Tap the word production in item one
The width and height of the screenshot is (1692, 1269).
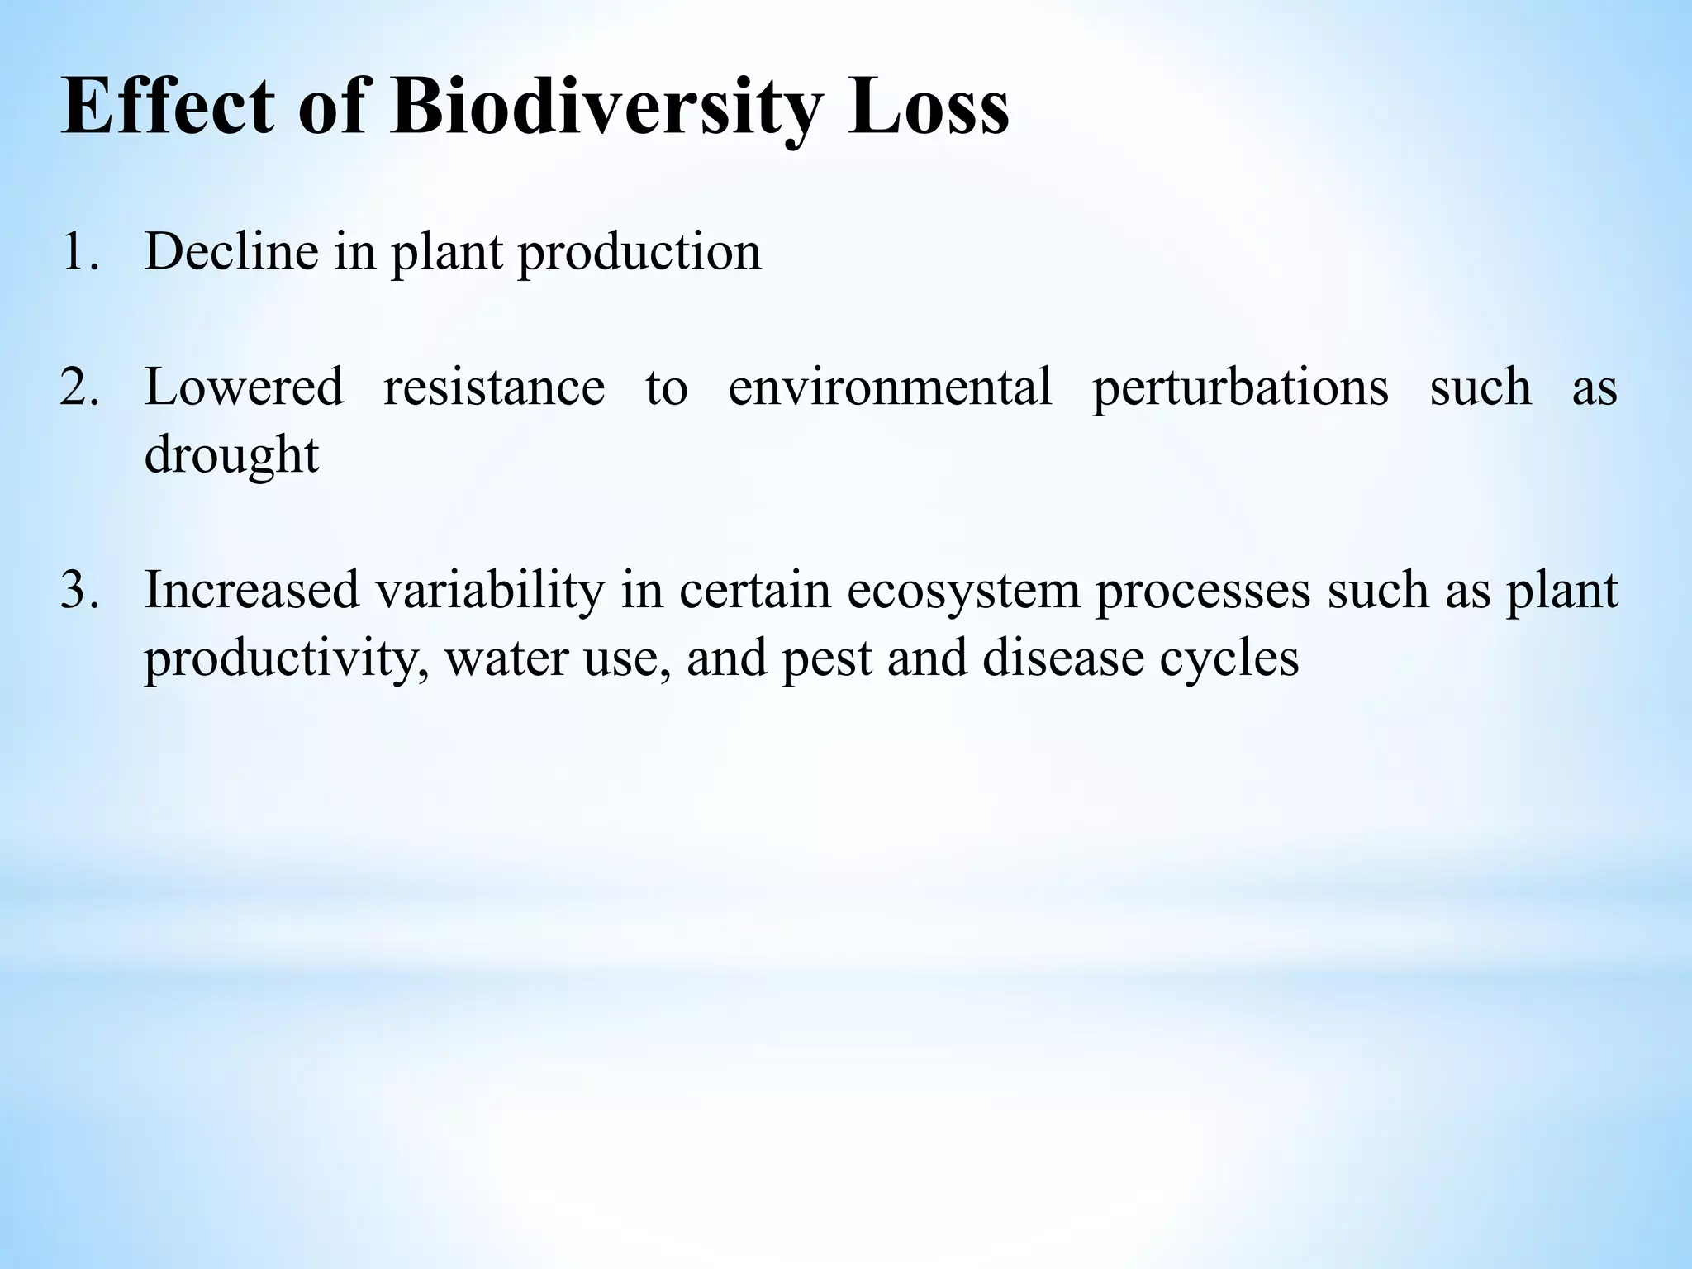tap(639, 251)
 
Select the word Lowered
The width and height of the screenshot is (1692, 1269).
tap(244, 387)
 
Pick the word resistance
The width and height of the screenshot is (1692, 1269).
tap(494, 387)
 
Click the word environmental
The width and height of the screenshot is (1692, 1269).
tap(891, 387)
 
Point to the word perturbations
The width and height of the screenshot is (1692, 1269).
tap(1240, 387)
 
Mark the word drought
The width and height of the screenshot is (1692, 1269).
tap(231, 456)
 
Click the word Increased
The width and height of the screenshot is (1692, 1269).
tap(252, 590)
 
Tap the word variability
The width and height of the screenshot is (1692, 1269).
tap(490, 590)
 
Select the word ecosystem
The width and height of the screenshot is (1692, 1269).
tap(963, 590)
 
